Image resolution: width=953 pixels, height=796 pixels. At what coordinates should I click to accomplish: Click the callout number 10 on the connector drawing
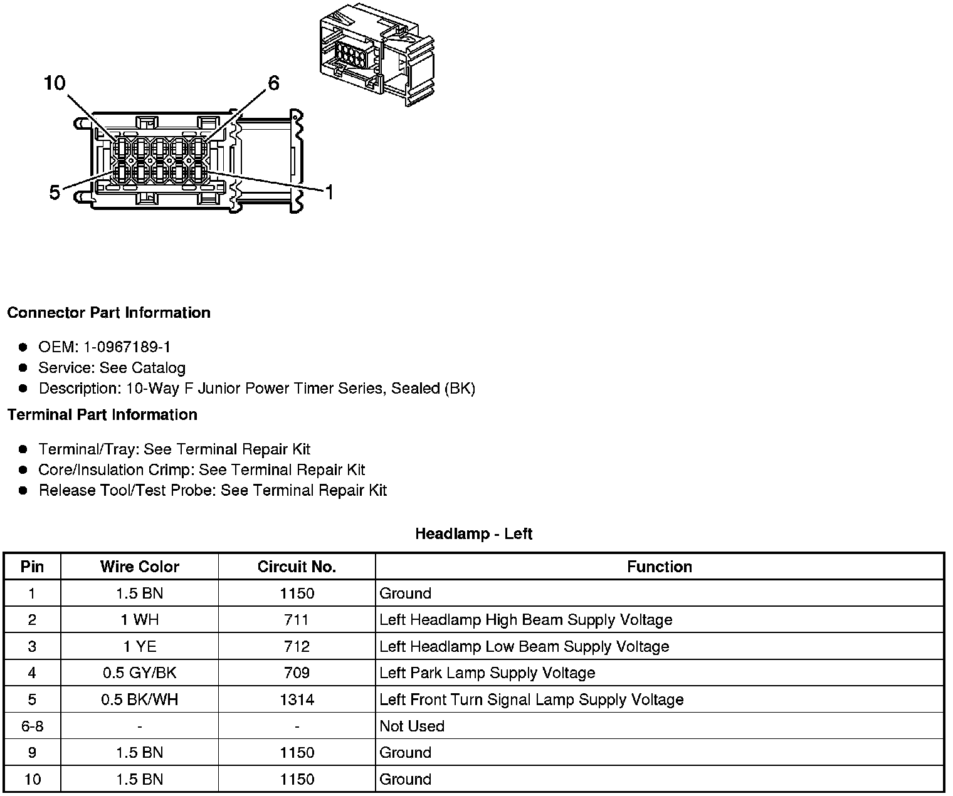pos(55,83)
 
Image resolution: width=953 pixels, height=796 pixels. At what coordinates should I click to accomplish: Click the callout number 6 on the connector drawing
pos(273,83)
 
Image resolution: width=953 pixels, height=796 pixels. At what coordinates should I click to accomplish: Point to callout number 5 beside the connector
pos(55,192)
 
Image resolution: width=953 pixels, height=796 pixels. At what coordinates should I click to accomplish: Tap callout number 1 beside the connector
pos(329,192)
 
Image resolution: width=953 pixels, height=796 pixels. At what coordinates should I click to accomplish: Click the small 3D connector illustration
pos(376,58)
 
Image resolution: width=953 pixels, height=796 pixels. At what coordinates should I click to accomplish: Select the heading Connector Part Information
pos(108,313)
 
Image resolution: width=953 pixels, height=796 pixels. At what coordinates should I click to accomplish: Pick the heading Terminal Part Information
pos(102,415)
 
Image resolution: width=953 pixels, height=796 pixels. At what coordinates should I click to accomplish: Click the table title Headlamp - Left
pos(473,534)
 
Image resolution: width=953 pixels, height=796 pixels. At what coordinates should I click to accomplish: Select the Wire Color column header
pos(139,567)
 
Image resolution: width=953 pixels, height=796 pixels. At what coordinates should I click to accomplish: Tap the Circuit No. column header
pos(297,567)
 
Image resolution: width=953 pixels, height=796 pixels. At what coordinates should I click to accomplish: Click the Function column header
pos(659,567)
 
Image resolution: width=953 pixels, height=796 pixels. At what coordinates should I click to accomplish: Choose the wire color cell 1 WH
pos(139,621)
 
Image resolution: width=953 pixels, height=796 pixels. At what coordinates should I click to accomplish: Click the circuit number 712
pos(297,647)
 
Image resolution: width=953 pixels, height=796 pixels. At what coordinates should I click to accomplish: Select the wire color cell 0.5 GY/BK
pos(139,673)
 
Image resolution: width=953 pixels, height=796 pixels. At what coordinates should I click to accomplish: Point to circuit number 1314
pos(297,699)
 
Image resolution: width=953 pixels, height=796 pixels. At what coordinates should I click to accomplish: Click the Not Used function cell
pos(412,726)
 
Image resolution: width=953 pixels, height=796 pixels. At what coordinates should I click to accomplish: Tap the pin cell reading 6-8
pos(32,726)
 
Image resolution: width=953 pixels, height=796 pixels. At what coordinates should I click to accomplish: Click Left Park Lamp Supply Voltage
pos(487,673)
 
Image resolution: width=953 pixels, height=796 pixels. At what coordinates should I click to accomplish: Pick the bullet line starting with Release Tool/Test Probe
pos(213,491)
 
